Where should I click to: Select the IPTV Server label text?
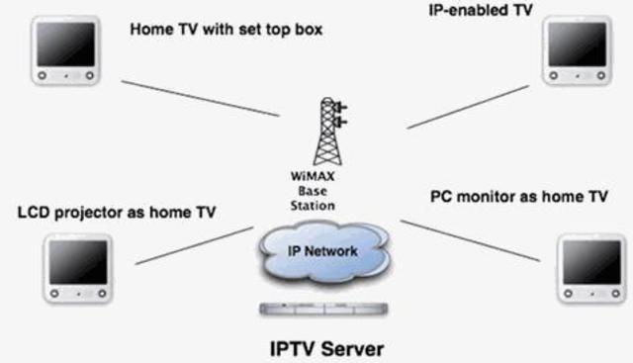click(325, 348)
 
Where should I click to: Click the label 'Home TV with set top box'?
click(226, 29)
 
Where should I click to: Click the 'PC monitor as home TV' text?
click(518, 197)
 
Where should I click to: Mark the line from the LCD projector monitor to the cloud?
click(193, 245)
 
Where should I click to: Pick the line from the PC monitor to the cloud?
click(470, 240)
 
